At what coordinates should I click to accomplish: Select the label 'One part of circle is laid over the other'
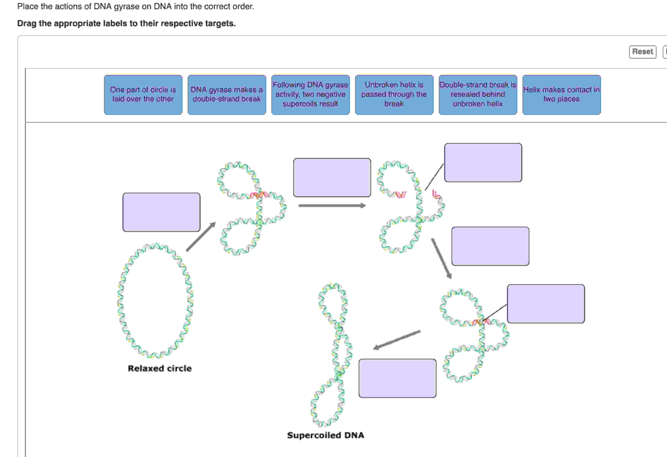click(143, 95)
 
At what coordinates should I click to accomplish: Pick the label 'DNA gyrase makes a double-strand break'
click(227, 95)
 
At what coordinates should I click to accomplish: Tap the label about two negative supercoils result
click(310, 95)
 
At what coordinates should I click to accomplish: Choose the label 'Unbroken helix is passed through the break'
click(394, 95)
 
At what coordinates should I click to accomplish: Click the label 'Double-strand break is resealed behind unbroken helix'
click(478, 95)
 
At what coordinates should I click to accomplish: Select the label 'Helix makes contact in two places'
click(561, 95)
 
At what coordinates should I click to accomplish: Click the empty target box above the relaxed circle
click(161, 212)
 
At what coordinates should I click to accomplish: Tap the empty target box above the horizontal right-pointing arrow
click(332, 177)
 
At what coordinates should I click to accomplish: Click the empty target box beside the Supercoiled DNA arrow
click(397, 378)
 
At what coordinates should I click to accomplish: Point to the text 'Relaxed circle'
click(160, 368)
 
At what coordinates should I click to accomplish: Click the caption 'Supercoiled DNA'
click(325, 435)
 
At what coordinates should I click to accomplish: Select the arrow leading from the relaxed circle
click(201, 237)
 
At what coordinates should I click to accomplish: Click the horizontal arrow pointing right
click(332, 205)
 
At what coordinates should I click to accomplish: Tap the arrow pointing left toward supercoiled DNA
click(397, 340)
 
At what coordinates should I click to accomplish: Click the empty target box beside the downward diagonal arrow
click(490, 246)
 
